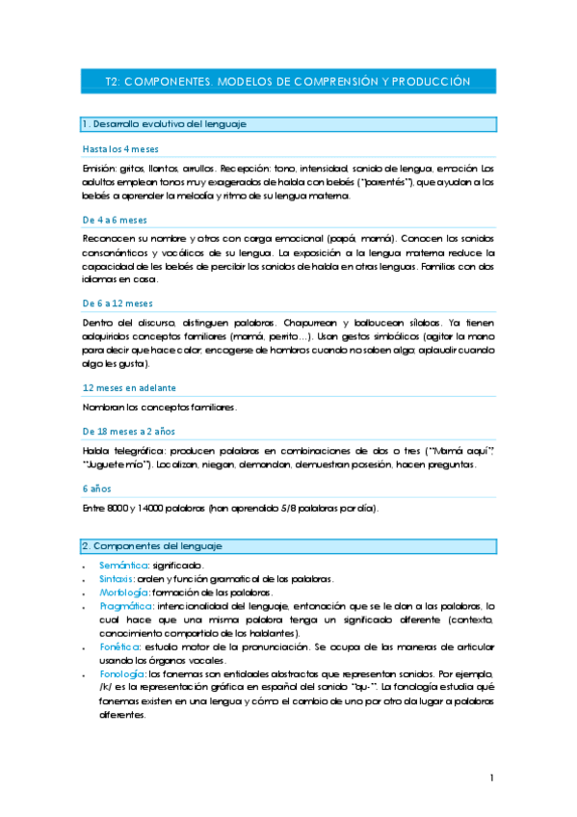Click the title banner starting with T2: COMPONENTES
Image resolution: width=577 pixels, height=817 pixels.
point(287,82)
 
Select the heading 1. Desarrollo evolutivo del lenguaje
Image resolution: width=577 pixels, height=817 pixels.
point(165,124)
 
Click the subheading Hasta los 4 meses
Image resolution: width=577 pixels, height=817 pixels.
point(120,149)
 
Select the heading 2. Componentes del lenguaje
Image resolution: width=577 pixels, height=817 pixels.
point(159,546)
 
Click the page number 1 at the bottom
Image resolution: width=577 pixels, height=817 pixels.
point(491,777)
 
